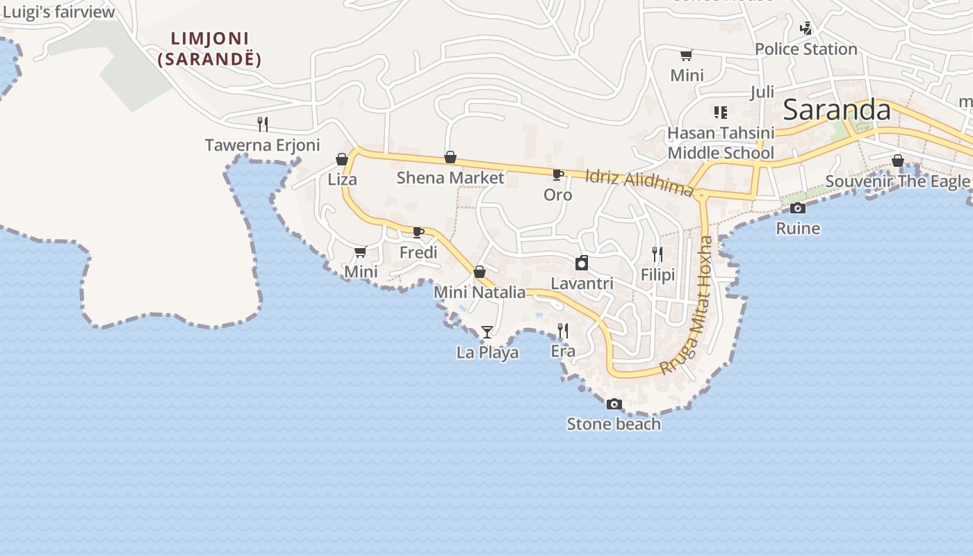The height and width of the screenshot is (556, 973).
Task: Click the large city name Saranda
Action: point(837,111)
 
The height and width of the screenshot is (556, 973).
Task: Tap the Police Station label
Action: point(806,49)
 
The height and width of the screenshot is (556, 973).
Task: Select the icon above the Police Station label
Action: point(806,28)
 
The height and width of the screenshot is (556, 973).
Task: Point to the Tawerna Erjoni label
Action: point(262,145)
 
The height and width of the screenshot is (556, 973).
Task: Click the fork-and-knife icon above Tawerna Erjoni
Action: point(262,124)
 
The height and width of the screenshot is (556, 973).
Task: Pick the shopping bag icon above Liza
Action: point(342,159)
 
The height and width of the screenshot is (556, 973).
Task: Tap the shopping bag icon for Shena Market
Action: point(450,158)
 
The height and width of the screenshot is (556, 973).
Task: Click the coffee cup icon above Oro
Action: point(557,174)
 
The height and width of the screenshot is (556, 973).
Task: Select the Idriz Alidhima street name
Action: point(639,183)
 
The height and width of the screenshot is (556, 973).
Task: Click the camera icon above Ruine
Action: point(798,208)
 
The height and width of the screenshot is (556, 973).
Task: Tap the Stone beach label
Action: point(614,424)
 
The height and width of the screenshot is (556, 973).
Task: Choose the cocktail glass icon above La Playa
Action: point(487,332)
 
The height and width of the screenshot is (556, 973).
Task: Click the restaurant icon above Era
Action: point(563,331)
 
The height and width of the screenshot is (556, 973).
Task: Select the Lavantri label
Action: point(582,284)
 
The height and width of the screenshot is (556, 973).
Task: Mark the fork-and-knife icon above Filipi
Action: point(657,254)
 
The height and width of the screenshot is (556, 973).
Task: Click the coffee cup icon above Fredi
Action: point(418,232)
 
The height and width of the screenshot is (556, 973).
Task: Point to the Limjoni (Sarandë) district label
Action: point(209,49)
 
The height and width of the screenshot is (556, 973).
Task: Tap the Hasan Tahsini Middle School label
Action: point(721,142)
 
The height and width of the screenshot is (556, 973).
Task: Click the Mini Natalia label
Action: point(480,293)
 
